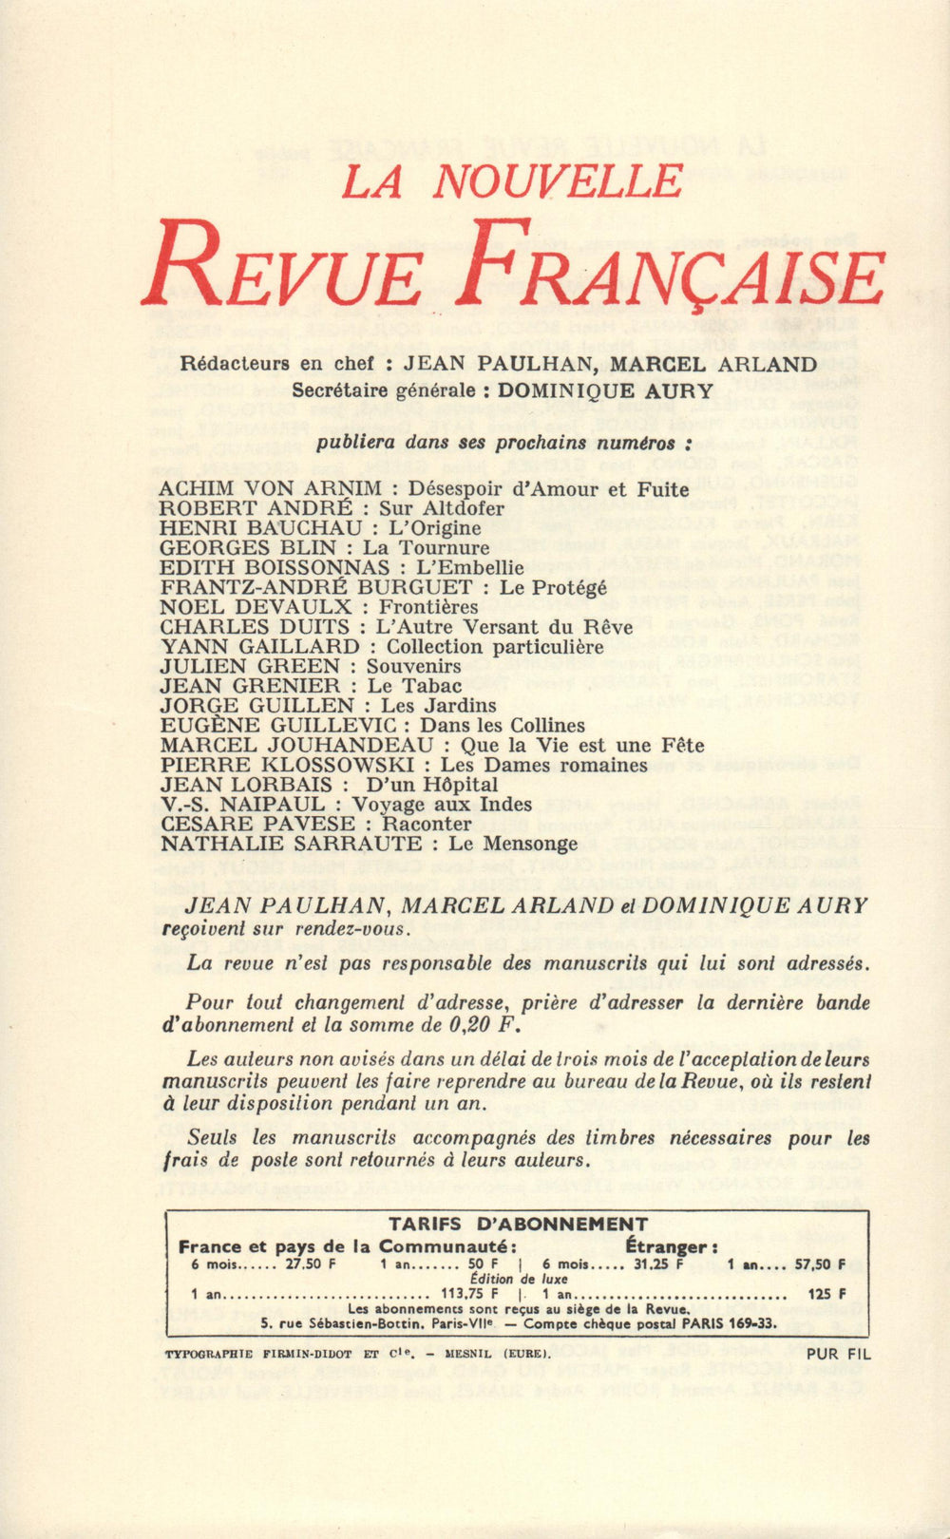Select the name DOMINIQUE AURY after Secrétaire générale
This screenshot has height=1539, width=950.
point(605,389)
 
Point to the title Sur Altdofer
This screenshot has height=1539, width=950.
point(442,508)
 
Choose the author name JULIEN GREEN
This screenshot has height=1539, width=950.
point(250,666)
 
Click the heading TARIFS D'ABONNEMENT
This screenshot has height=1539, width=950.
point(518,1224)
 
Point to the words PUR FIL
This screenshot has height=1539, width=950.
point(837,1355)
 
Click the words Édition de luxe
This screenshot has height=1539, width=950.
point(519,1280)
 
